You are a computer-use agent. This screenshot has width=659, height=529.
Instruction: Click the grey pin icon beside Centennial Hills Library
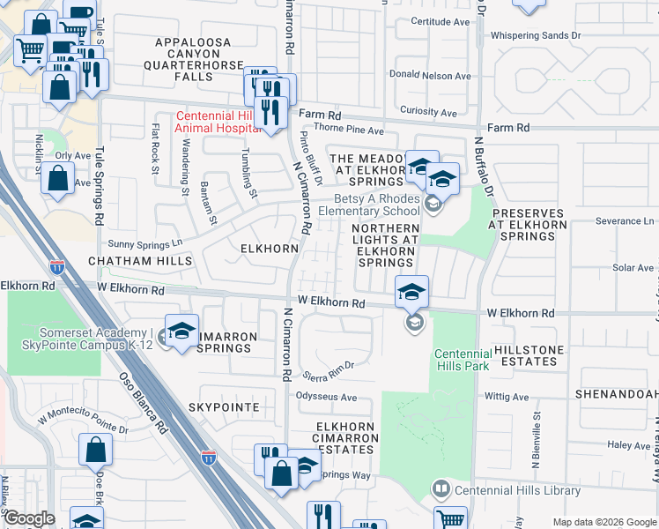(x=441, y=488)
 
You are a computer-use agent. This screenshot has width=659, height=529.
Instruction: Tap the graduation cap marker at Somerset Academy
(x=181, y=332)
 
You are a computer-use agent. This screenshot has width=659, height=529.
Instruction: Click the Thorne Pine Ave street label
(x=350, y=130)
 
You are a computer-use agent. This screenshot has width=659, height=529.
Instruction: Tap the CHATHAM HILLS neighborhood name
(x=139, y=262)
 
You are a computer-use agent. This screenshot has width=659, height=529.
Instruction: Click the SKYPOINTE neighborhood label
(x=224, y=407)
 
